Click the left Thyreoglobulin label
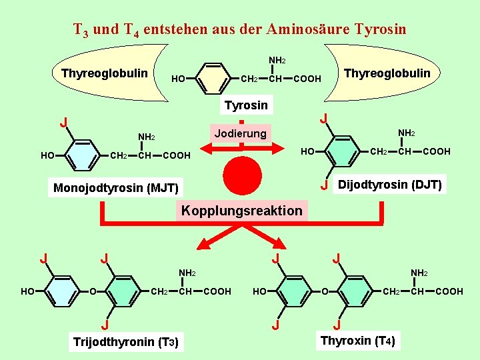105,73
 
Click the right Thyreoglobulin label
387,73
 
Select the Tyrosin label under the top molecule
246,105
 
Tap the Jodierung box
240,133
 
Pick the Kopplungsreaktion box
241,211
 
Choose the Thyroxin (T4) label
358,341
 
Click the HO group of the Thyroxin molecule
261,291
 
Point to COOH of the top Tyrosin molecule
307,79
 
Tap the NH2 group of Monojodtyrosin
147,137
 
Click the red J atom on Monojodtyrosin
63,122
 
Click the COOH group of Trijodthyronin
217,291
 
